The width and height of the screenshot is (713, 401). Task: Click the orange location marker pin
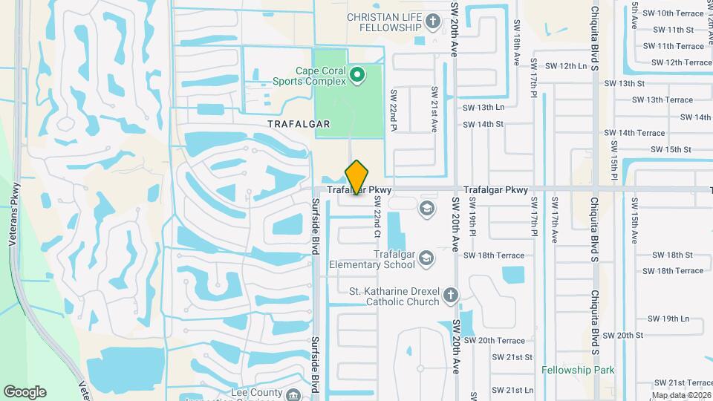[356, 177]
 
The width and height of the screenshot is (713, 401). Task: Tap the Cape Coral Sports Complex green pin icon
[357, 74]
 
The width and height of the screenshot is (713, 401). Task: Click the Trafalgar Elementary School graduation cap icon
[426, 258]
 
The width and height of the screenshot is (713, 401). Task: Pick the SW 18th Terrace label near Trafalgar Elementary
[494, 255]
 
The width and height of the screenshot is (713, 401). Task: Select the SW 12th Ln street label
[566, 66]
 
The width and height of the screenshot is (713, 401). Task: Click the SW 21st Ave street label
[434, 109]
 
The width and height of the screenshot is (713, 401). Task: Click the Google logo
[25, 391]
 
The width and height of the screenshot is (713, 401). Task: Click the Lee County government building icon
[294, 394]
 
